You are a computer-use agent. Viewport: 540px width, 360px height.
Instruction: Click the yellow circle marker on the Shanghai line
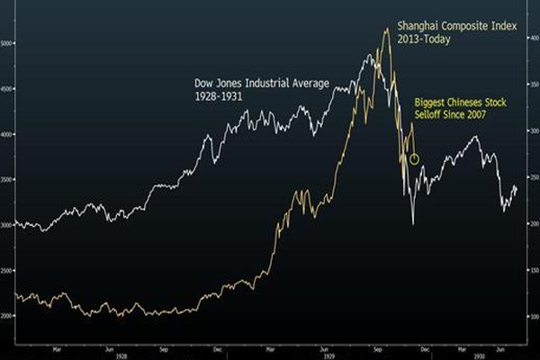point(413,159)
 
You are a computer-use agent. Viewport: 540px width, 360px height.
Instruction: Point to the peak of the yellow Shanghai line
point(386,29)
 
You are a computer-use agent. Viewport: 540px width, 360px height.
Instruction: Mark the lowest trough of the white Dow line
point(413,223)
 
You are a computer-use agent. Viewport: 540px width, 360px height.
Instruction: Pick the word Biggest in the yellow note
point(429,103)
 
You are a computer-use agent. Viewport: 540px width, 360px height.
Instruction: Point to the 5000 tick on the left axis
point(8,42)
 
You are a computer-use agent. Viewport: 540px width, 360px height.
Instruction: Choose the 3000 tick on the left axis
point(8,225)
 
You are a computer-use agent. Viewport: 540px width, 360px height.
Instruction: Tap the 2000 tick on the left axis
point(8,317)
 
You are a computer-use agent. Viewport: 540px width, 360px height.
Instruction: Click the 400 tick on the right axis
point(533,38)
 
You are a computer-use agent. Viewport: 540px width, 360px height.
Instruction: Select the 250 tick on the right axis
point(533,177)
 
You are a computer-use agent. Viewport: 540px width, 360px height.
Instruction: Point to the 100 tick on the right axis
point(533,317)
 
